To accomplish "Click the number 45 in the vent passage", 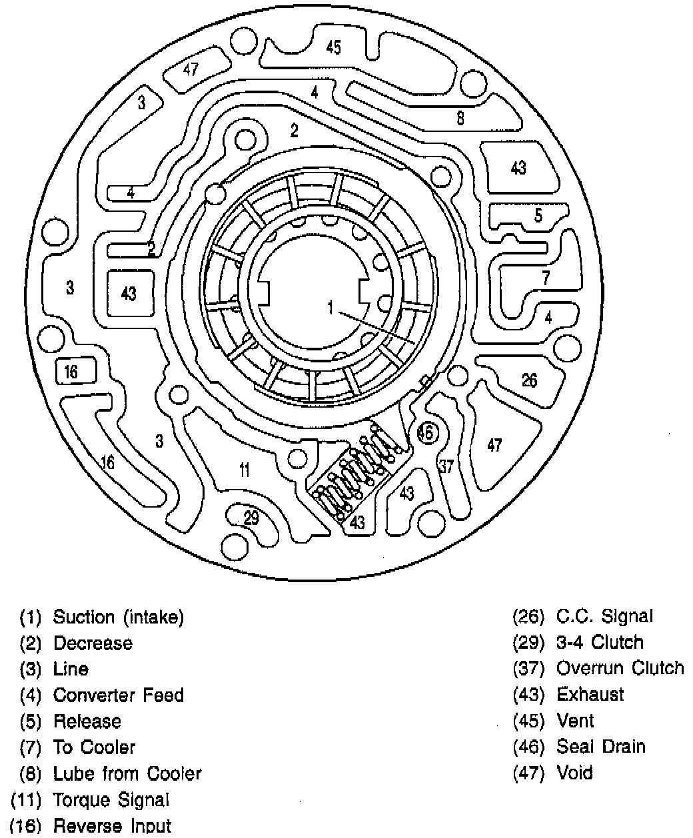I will [x=334, y=47].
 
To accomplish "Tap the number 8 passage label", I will [x=460, y=119].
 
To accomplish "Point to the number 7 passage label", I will [x=546, y=278].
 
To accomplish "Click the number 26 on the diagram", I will [x=529, y=380].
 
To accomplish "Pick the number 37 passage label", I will [x=445, y=466].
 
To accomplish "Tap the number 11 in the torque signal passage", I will [x=245, y=470].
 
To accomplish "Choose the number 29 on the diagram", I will [x=251, y=518].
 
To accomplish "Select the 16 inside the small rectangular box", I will [x=71, y=372].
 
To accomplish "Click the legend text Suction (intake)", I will [x=118, y=617].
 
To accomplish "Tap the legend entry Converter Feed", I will [x=118, y=695].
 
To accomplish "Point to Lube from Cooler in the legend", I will [x=127, y=773].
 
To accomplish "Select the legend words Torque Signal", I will [x=111, y=799].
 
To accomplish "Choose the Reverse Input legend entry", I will [x=112, y=826].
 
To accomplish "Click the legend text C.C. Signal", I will [x=604, y=616].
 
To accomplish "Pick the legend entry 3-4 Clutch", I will [x=600, y=642].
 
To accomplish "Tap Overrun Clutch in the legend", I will [x=620, y=668].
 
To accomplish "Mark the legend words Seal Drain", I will [x=601, y=746].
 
